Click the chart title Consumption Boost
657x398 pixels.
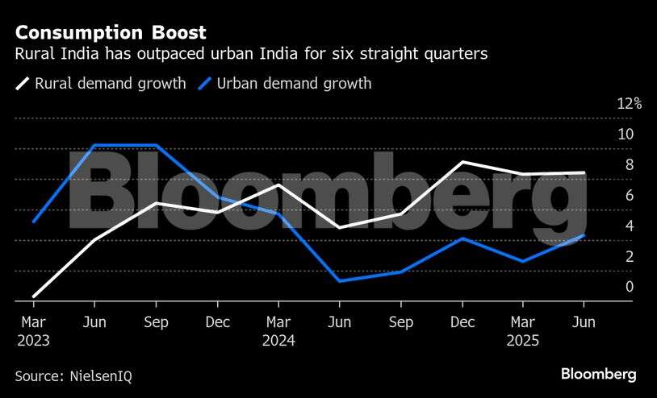pyautogui.click(x=110, y=33)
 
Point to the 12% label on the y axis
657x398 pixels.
pyautogui.click(x=629, y=104)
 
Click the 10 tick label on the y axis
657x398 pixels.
pyautogui.click(x=626, y=135)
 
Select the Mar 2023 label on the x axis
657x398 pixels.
pyautogui.click(x=33, y=331)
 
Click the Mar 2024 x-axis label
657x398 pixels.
pyautogui.click(x=278, y=331)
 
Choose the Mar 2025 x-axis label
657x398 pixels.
pyautogui.click(x=523, y=331)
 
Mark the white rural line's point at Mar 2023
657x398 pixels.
pyautogui.click(x=33, y=296)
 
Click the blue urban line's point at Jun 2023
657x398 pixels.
pyautogui.click(x=95, y=146)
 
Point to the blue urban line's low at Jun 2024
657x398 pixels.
pyautogui.click(x=340, y=281)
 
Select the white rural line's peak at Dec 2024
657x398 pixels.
pyautogui.click(x=462, y=162)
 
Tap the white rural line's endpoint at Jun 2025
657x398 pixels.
pyautogui.click(x=584, y=172)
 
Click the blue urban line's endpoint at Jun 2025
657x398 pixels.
pyautogui.click(x=584, y=235)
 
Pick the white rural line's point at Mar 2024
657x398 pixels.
pyautogui.click(x=278, y=185)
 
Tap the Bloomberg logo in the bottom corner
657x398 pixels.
pyautogui.click(x=599, y=375)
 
